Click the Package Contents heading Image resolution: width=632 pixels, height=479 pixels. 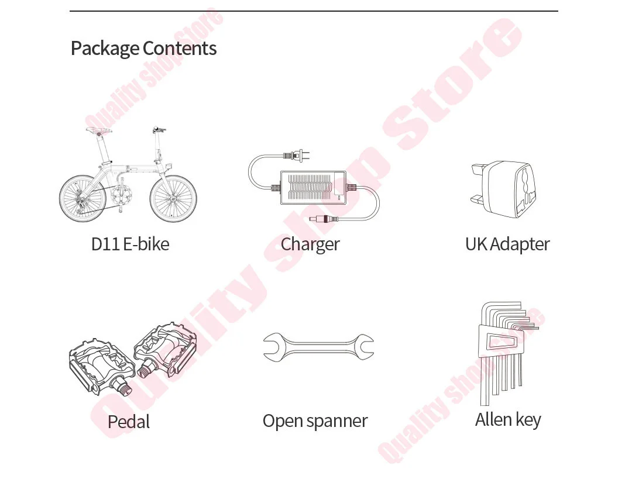pos(143,49)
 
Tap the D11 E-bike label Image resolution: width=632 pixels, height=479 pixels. pos(130,244)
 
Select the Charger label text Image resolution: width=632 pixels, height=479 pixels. pos(310,244)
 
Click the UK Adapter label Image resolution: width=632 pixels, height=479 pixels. pos(507,244)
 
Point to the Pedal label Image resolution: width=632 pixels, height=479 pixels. pos(129,422)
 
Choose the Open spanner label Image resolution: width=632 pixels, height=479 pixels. pos(315,421)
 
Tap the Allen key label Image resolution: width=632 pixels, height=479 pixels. pos(508,419)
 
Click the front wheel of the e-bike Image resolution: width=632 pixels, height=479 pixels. pos(173,198)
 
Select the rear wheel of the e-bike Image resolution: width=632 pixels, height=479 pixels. pos(83,199)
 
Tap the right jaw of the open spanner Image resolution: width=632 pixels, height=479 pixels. pos(364,347)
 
